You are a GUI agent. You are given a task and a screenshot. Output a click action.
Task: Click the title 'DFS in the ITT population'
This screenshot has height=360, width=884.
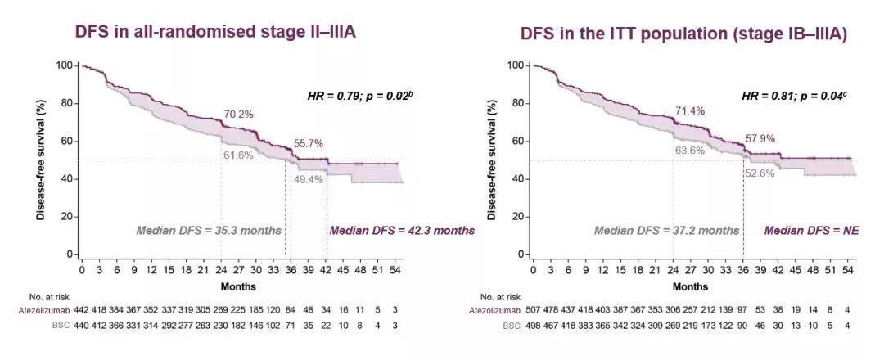[683, 34]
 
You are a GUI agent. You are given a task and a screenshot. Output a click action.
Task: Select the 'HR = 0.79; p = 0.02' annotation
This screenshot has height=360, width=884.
[359, 96]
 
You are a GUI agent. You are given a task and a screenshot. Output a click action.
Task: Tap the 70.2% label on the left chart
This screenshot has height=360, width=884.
[239, 115]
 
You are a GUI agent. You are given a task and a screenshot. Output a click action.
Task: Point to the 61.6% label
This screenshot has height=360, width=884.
[238, 155]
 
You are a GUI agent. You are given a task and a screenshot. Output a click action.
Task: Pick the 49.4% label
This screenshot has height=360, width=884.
[309, 179]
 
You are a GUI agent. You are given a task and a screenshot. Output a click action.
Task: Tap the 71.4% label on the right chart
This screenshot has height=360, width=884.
[689, 110]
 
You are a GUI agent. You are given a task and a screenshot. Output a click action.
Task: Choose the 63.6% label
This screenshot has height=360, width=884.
[689, 151]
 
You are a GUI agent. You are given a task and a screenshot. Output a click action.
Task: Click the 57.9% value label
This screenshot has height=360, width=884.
[760, 138]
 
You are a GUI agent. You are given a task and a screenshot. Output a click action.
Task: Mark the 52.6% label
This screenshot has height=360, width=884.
[760, 173]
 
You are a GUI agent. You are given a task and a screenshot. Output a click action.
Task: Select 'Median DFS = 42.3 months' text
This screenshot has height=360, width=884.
[401, 230]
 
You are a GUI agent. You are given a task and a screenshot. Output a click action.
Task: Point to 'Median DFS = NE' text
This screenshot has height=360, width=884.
[806, 230]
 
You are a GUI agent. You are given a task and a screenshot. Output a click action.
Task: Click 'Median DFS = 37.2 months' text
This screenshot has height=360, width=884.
[666, 230]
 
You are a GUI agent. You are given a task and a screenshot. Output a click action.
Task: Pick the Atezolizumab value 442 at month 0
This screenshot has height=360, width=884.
[82, 311]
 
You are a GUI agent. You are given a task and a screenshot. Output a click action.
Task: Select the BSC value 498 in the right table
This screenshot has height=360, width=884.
[533, 325]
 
